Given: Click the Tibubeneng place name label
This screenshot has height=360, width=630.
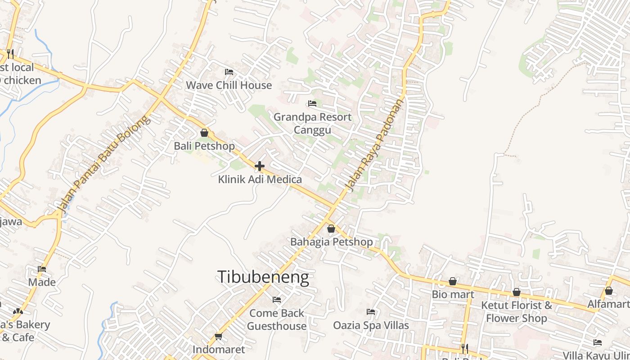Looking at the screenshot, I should point(263,277).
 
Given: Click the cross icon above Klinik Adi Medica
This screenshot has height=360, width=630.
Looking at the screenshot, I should point(260,166).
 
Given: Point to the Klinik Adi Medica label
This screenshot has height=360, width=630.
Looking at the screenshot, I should point(260,180).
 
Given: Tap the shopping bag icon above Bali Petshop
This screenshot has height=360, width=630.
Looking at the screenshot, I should point(204,133).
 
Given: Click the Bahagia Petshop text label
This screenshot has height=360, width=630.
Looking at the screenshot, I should point(332,242).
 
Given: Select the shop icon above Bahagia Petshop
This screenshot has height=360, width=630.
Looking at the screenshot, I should point(331,229).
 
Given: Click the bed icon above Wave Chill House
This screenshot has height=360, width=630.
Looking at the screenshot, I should point(229,72).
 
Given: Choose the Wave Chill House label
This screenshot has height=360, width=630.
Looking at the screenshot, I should point(229,85).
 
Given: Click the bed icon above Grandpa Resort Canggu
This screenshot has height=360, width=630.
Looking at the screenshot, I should point(312,103).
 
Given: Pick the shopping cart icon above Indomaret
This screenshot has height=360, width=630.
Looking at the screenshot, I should point(219,336).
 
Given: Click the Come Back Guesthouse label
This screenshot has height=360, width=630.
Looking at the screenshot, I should point(277,319).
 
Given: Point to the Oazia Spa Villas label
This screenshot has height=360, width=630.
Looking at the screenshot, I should point(371,325).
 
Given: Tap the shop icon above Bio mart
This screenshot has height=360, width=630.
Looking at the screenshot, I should point(453,281).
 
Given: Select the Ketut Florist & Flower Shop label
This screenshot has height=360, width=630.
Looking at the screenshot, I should point(517,312).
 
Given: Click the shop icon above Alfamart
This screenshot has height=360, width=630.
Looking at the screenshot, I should point(609,291).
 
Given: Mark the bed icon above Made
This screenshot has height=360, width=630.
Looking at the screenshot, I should point(42,269).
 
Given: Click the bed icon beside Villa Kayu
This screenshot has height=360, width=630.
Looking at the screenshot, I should point(598,342).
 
